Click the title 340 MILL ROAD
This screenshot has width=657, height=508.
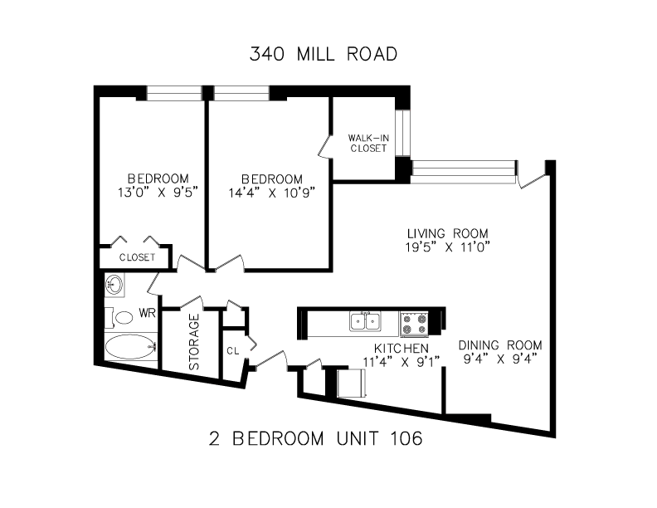click(x=324, y=54)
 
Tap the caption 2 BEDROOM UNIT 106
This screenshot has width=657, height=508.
click(x=316, y=439)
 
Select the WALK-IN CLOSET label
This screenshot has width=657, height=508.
click(x=368, y=143)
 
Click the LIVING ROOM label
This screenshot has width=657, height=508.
click(x=448, y=233)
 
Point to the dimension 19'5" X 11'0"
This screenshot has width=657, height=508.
click(x=447, y=247)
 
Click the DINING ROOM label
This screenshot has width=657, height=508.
click(x=500, y=345)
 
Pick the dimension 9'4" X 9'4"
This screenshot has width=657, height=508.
click(x=500, y=359)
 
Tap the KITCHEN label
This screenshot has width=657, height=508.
click(x=401, y=348)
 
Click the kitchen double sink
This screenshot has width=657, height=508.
click(x=365, y=321)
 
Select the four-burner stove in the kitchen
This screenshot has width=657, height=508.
click(x=414, y=324)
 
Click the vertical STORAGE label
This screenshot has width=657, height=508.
click(x=194, y=342)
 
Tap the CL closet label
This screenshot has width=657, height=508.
click(x=233, y=351)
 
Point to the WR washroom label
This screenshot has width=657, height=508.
click(x=147, y=313)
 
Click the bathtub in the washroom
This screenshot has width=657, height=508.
click(x=130, y=347)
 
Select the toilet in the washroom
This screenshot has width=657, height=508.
click(x=119, y=317)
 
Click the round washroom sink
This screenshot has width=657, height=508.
click(x=114, y=285)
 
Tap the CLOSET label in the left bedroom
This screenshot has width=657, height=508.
click(x=137, y=257)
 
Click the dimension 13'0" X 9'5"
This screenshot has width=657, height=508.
click(x=158, y=192)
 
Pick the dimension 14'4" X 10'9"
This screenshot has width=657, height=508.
click(x=272, y=193)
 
